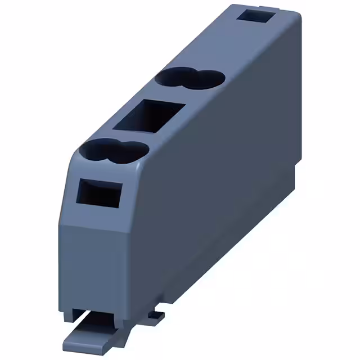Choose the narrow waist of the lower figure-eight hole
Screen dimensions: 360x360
[x=113, y=151]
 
